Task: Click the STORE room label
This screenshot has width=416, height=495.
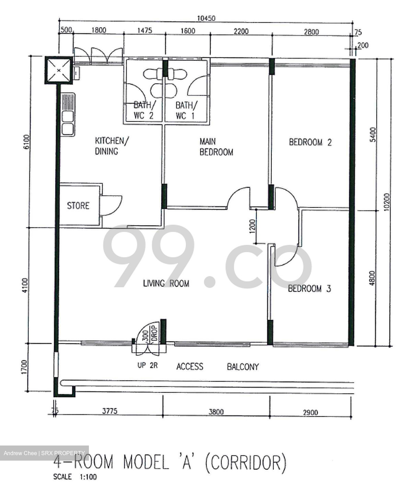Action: click(x=78, y=206)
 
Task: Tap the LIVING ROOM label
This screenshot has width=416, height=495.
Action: click(x=166, y=283)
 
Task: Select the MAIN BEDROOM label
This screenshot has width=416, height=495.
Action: click(x=216, y=147)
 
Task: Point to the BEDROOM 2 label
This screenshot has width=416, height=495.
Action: click(x=310, y=142)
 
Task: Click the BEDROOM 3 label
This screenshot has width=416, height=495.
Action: click(x=309, y=288)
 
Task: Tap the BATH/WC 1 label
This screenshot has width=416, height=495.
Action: click(x=186, y=110)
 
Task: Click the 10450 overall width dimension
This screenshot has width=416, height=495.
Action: click(x=206, y=18)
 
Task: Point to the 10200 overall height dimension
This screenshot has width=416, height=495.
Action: click(x=387, y=202)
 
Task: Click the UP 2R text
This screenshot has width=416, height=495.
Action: click(x=148, y=365)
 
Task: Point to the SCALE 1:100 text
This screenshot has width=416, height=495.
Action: click(x=75, y=477)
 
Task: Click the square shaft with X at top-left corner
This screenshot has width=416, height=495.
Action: click(x=59, y=70)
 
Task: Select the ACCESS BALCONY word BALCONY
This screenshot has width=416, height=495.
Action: click(x=243, y=367)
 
